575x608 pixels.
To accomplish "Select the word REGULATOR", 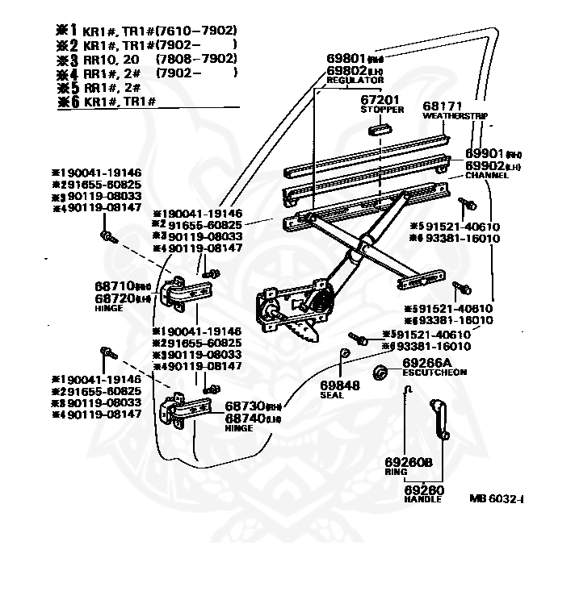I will point(355,81).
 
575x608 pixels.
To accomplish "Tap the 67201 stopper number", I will point(380,99).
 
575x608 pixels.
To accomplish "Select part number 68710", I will point(114,287).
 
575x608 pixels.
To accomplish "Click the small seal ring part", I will point(342,354).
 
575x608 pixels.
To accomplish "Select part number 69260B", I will point(408,462).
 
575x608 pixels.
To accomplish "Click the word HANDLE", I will point(422,499).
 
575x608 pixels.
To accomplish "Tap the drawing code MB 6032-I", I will point(496,498).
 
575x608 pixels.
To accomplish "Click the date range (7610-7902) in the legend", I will point(200,31).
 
